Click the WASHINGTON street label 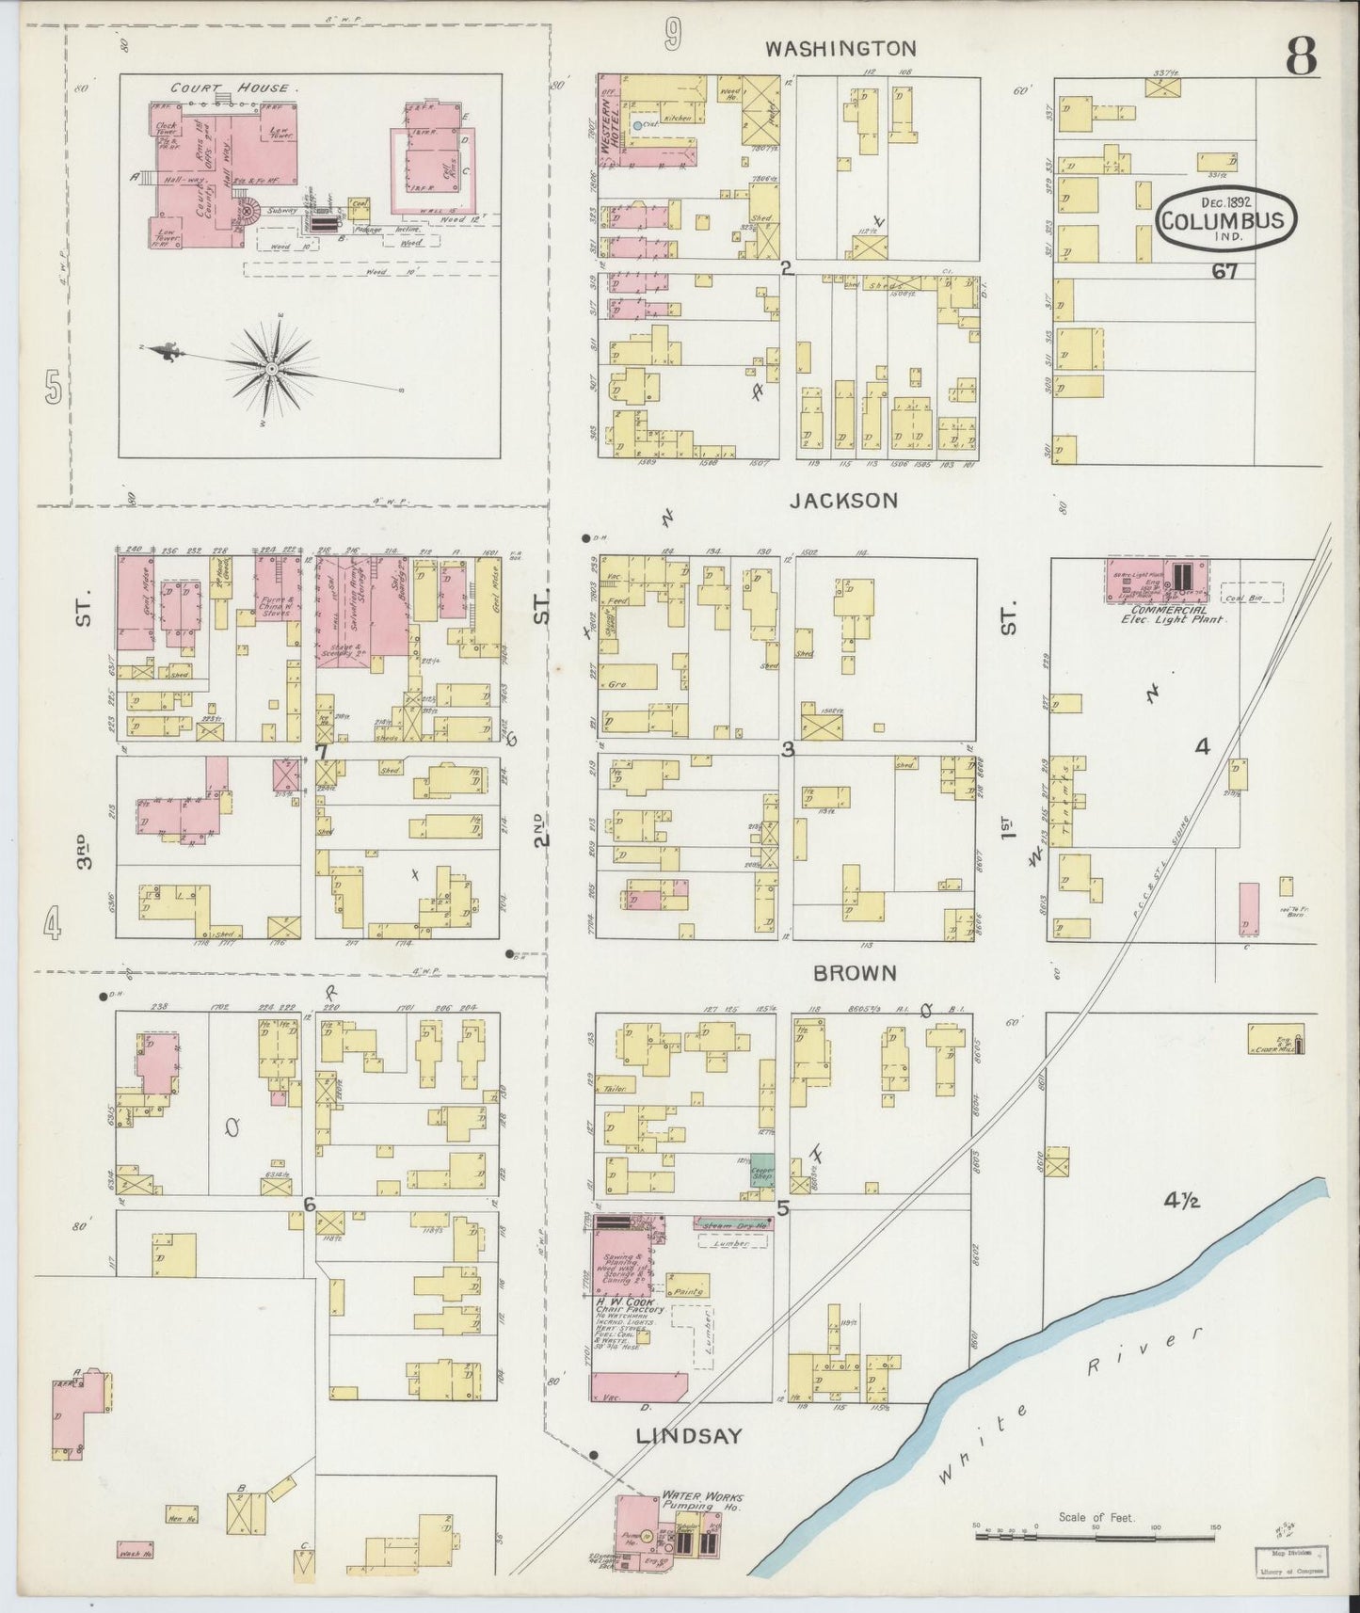click(840, 48)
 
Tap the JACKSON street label click(843, 502)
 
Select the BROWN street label click(855, 974)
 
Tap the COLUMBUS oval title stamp click(1225, 220)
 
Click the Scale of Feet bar click(1096, 1535)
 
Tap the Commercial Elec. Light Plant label click(1172, 615)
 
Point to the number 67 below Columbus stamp click(1224, 273)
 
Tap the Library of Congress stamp click(1291, 1558)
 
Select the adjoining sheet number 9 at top click(671, 36)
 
